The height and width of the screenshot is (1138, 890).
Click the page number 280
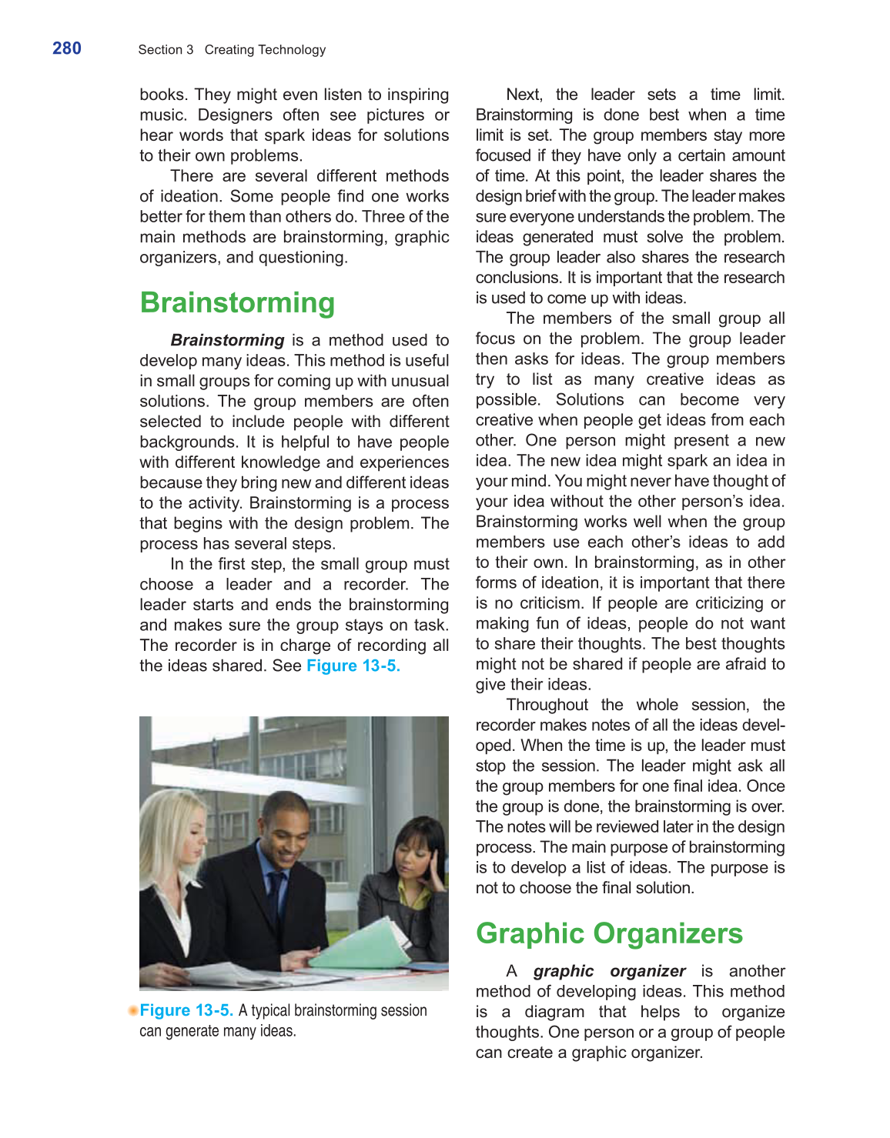point(67,48)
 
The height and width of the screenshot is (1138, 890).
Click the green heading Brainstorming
point(237,302)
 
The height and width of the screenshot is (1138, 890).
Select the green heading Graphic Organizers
point(608,933)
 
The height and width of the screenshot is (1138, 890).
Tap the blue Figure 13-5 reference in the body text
point(353,666)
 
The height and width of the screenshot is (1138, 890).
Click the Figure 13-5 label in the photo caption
point(186,1010)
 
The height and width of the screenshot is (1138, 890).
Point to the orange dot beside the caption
point(134,1010)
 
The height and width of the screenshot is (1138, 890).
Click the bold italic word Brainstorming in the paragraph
point(227,340)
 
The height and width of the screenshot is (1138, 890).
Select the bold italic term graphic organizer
point(608,971)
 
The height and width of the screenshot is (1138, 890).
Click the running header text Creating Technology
point(265,50)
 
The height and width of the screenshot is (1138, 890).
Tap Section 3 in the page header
point(166,50)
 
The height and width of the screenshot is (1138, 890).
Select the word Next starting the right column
point(524,95)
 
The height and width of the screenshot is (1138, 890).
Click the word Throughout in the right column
point(547,705)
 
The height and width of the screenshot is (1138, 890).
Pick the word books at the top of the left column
point(162,95)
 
